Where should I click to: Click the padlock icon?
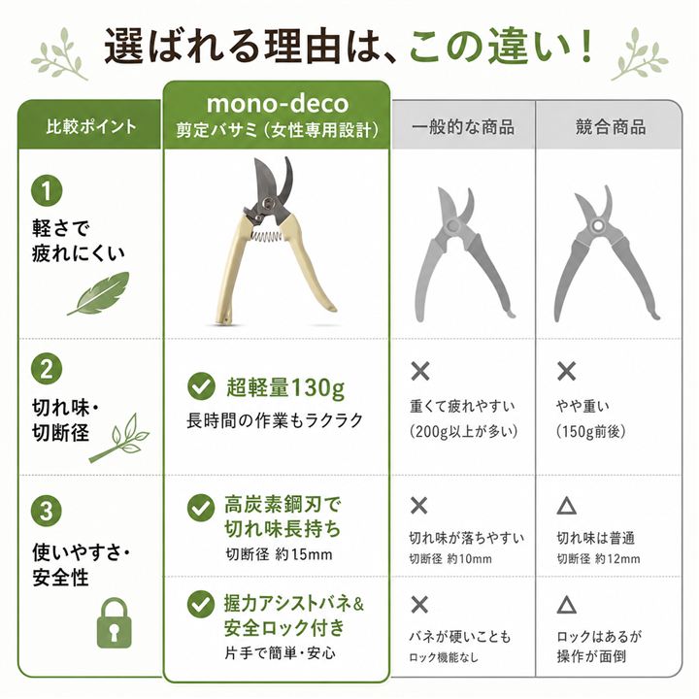[x=115, y=623]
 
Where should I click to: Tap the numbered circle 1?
[x=47, y=190]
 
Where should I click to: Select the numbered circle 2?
[x=47, y=369]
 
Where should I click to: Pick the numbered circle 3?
[x=47, y=511]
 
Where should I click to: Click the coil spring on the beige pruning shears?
[x=267, y=235]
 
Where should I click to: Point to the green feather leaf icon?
[x=98, y=294]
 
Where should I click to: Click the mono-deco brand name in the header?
[x=278, y=104]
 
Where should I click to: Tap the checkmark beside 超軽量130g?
[x=202, y=386]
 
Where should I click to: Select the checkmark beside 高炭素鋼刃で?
[x=201, y=508]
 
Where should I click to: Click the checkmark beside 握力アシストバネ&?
[x=201, y=604]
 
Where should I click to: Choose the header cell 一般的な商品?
[x=463, y=127]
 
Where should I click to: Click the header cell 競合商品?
[x=611, y=127]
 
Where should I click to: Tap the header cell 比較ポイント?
[x=91, y=126]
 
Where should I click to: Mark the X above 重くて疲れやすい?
[x=420, y=371]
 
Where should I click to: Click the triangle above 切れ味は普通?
[x=567, y=506]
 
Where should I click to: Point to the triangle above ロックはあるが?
[x=567, y=605]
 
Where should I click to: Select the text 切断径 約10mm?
[x=450, y=559]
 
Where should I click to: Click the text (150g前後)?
[x=590, y=431]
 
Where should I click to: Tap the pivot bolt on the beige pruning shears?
[x=268, y=203]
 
